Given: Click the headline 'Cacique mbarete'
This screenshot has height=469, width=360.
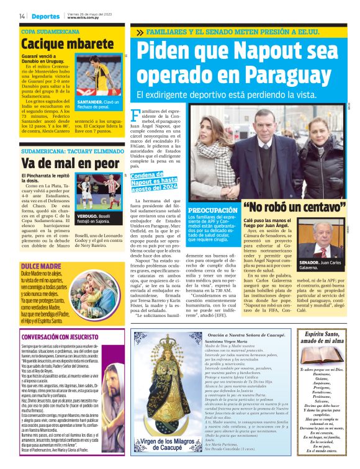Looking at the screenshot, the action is (58, 43).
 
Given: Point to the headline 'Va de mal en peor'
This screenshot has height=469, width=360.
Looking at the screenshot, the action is (61, 163).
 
